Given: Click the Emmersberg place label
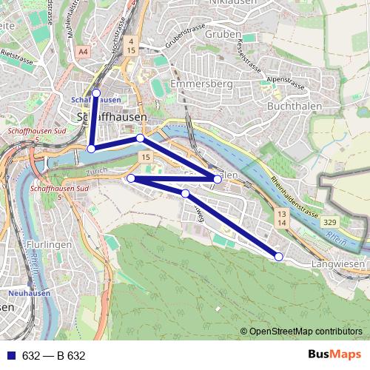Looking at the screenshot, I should pyautogui.click(x=202, y=85).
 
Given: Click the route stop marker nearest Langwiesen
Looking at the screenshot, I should pyautogui.click(x=279, y=256).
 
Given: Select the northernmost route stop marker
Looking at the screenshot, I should pyautogui.click(x=95, y=93).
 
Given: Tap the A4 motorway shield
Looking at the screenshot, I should pyautogui.click(x=82, y=51).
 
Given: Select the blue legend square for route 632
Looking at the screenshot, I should pyautogui.click(x=8, y=356).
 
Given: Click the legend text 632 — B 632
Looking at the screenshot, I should pyautogui.click(x=54, y=356).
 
